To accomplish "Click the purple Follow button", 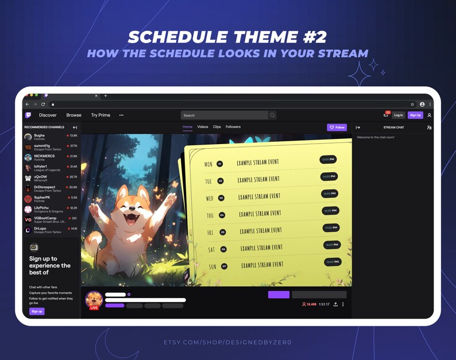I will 337,127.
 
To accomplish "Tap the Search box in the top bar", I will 225,115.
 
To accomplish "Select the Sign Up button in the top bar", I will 415,115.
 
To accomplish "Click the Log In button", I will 399,115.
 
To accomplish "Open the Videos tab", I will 203,127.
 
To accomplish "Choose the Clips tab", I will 217,127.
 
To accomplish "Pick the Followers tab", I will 233,127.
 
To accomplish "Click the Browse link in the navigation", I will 74,115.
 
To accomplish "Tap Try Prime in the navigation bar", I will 101,115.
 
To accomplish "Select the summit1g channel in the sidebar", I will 42,146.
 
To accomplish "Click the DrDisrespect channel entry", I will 45,188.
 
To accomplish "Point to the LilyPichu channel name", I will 41,208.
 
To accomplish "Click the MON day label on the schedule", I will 208,164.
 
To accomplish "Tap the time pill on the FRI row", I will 331,228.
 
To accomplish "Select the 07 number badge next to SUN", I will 225,266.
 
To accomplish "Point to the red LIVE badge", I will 94,308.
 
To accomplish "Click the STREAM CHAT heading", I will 393,127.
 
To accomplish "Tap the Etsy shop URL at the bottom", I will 227,343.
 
